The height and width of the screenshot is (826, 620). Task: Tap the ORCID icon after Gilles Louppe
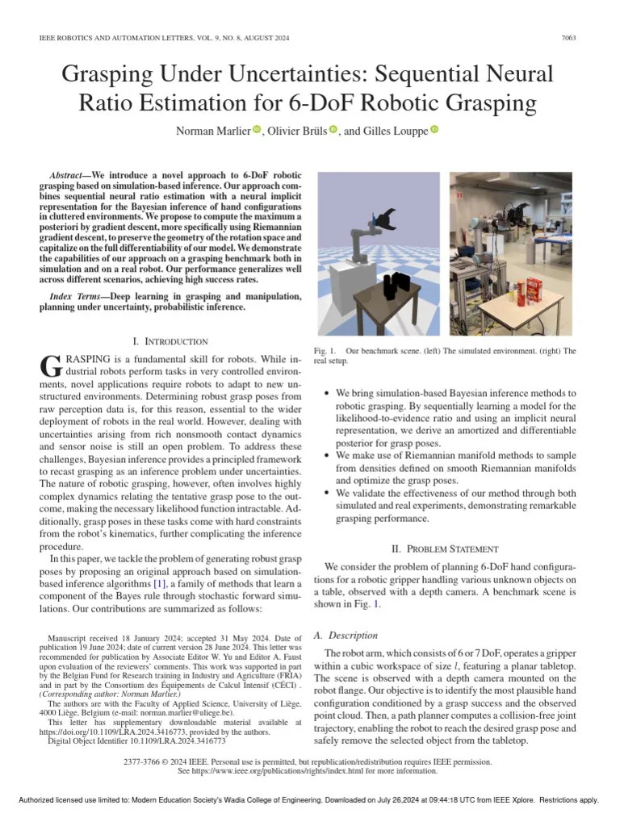[x=434, y=130]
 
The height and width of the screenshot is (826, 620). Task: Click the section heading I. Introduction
[x=170, y=341]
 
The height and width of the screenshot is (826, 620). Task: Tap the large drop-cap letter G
[x=49, y=365]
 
